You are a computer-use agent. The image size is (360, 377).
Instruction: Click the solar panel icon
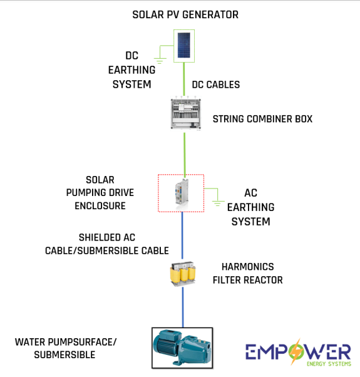click(x=184, y=46)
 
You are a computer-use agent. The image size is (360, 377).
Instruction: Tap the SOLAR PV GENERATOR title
click(x=185, y=14)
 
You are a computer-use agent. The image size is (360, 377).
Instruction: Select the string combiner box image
click(x=185, y=113)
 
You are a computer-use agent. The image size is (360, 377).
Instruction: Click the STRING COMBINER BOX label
click(x=262, y=119)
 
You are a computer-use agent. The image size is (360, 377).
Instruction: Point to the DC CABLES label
click(x=216, y=85)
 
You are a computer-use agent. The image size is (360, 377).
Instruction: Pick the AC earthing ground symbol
click(x=217, y=203)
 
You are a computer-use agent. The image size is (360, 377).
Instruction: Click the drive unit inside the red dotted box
click(x=182, y=192)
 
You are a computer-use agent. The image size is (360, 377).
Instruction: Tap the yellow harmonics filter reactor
click(x=183, y=274)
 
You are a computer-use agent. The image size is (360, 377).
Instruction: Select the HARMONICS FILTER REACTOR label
click(x=247, y=274)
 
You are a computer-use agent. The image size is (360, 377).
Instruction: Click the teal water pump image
click(x=182, y=348)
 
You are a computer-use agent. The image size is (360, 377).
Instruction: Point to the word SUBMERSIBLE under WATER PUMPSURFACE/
click(x=64, y=355)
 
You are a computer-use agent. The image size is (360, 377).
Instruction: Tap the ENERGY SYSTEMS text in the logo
click(x=329, y=364)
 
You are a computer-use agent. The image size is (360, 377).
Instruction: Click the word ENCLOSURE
click(x=100, y=206)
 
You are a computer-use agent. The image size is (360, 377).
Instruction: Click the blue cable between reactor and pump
click(x=183, y=307)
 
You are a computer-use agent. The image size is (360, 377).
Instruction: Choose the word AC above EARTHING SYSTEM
click(x=250, y=193)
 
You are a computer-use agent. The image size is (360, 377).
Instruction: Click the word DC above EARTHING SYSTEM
click(x=131, y=56)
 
